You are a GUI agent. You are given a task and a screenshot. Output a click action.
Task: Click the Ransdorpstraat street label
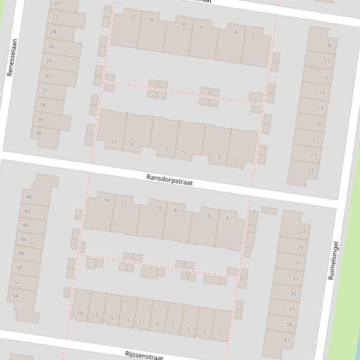pos(169,180)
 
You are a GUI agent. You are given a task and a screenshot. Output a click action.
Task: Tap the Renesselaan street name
pos(12,58)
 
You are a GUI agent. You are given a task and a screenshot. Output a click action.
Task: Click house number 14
pos(106,200)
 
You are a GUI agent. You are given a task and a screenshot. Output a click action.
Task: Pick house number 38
pos(38,133)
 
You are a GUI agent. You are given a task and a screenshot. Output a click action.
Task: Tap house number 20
pos(57,3)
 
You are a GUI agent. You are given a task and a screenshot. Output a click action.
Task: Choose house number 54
pos(15,295)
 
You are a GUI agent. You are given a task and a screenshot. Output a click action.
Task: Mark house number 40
pos(29,197)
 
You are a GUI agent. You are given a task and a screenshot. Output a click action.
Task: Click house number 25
pos(311,170)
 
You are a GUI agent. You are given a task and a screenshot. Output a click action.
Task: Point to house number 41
pos(287,340)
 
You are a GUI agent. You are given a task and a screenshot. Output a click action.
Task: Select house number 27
pos(302,231)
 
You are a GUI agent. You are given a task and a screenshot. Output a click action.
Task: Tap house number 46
pos(23,239)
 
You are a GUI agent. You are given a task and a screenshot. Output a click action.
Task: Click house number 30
pos(47,75)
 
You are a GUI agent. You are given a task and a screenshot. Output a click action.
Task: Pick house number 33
pos(295,278)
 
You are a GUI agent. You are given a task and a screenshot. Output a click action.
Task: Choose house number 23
pos(313,155)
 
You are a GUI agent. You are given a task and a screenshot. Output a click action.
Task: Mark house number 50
pos(19,267)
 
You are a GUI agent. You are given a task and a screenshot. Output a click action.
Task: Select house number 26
pos(51,46)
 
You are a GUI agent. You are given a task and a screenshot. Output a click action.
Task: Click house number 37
pos(291,309)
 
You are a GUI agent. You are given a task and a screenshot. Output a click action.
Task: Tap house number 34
pos(43,105)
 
